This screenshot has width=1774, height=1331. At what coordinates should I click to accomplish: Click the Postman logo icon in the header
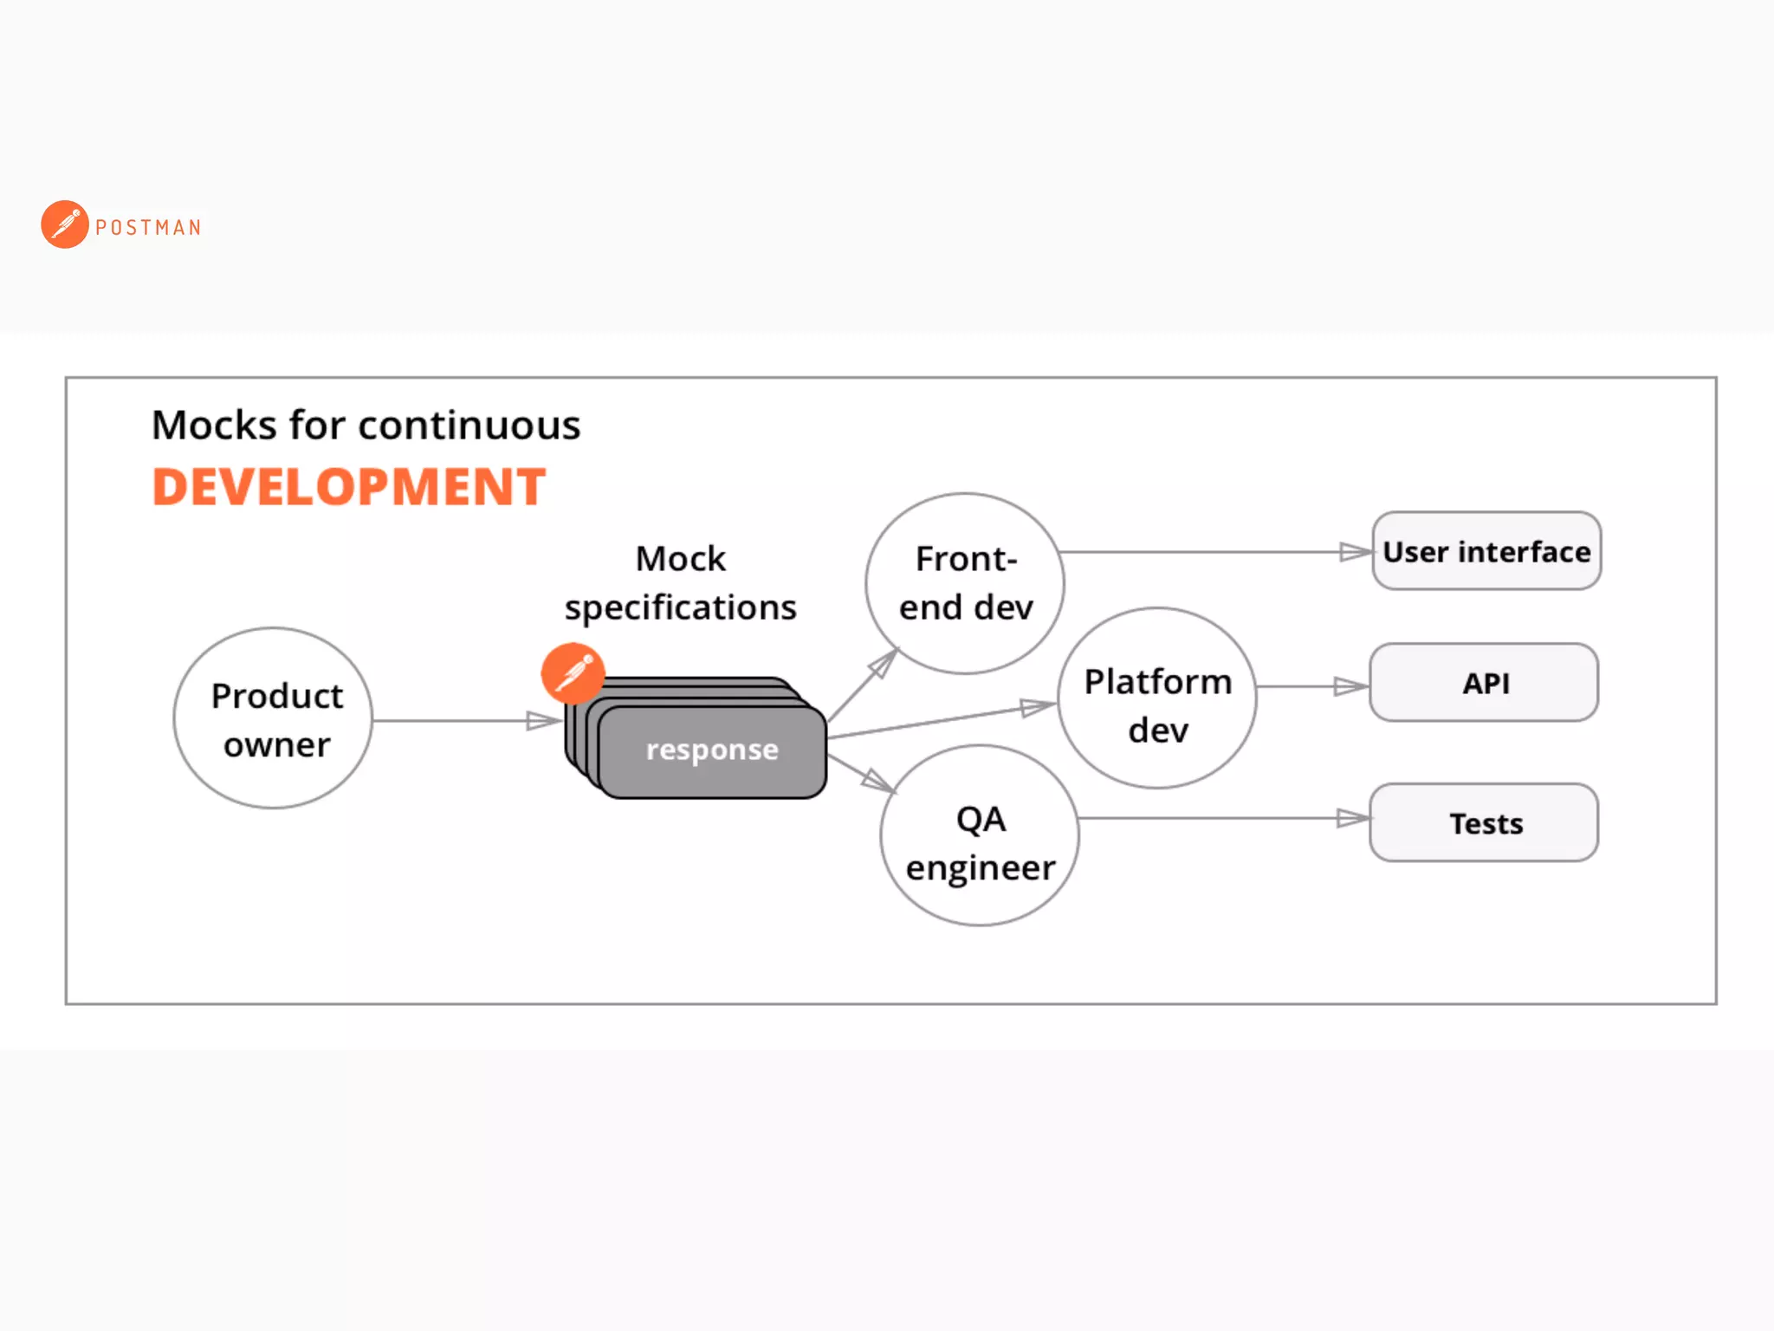[x=65, y=224]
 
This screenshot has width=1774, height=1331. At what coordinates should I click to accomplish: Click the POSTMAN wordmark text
[x=148, y=228]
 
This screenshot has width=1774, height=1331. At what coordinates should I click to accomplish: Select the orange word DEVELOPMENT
[x=348, y=487]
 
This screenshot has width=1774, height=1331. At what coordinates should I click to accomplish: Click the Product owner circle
[x=274, y=718]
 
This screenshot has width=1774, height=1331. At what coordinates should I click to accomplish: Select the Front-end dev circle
[x=965, y=583]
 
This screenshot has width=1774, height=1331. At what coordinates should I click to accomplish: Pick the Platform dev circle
[x=1157, y=698]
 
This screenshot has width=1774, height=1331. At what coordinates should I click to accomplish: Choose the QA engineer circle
[x=980, y=835]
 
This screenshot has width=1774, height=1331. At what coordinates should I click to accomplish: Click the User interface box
[x=1486, y=551]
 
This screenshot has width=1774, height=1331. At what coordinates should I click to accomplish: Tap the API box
[x=1484, y=683]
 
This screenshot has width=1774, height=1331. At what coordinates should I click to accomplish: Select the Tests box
[x=1484, y=822]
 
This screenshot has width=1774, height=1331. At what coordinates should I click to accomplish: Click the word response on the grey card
[x=712, y=750]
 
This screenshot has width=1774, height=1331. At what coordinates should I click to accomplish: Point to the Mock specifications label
[x=680, y=583]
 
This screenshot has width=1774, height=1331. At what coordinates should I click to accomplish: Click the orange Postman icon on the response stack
[x=573, y=672]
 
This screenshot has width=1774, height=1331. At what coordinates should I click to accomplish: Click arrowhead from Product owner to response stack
[x=542, y=721]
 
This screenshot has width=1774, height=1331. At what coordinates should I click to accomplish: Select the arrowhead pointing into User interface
[x=1355, y=552]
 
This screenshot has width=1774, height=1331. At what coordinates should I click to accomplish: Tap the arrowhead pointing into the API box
[x=1350, y=687]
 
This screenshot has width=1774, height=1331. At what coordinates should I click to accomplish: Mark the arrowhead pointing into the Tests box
[x=1351, y=818]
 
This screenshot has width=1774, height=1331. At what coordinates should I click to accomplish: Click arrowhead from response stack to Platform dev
[x=1036, y=708]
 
